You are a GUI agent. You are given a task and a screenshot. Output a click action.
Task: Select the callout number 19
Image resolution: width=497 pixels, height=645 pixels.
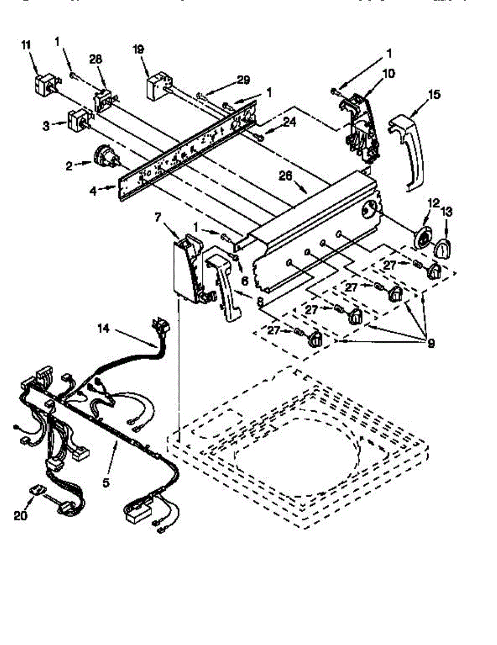click(138, 50)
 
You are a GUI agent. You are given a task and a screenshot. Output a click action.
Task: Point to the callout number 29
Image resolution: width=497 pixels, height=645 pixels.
click(243, 80)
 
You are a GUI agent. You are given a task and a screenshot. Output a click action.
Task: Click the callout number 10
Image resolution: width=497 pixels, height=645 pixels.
click(388, 73)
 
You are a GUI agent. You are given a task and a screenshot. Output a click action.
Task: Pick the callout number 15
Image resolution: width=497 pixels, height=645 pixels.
click(434, 95)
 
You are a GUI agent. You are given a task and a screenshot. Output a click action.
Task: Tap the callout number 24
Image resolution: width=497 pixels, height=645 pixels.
click(289, 121)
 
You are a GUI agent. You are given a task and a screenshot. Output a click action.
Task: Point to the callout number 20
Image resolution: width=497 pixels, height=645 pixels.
click(20, 515)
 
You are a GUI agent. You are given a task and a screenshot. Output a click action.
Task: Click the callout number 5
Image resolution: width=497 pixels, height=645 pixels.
click(106, 482)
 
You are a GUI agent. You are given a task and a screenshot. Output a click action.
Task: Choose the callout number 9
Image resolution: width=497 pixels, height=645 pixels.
click(431, 342)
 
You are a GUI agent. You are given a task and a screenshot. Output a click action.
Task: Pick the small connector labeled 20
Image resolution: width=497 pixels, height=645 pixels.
click(36, 491)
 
